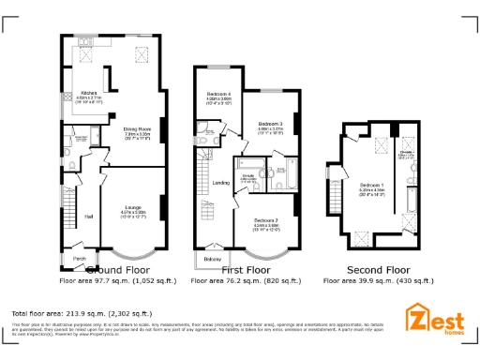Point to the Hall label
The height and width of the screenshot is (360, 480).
(x=88, y=217)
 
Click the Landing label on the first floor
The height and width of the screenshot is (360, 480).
(x=221, y=183)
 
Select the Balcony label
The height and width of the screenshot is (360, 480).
(x=212, y=259)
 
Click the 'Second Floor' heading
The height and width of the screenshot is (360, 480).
(x=362, y=270)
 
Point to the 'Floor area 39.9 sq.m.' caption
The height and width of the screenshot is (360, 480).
(x=362, y=280)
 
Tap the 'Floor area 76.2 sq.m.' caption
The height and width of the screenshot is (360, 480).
(x=245, y=280)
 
